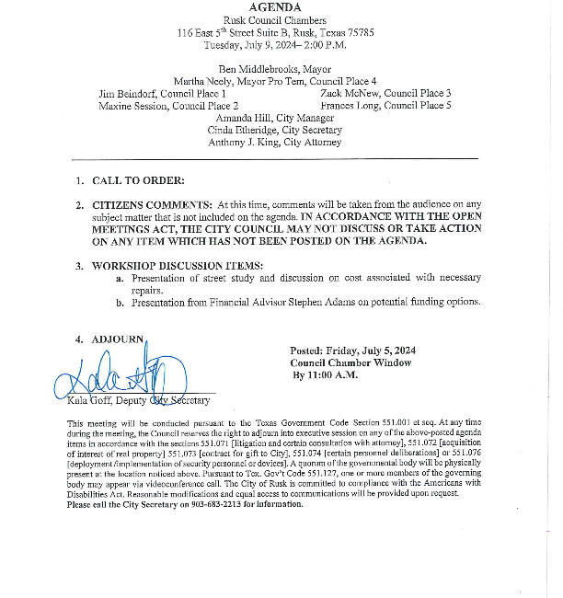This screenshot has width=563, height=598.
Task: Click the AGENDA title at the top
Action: [x=281, y=7]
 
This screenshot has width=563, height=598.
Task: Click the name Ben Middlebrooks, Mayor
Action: [x=281, y=69]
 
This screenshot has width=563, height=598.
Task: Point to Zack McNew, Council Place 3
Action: [x=385, y=94]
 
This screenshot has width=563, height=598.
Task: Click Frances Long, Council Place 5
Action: [x=385, y=107]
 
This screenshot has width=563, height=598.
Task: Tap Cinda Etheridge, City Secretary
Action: [x=275, y=131]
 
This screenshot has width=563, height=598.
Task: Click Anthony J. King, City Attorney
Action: [x=274, y=143]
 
